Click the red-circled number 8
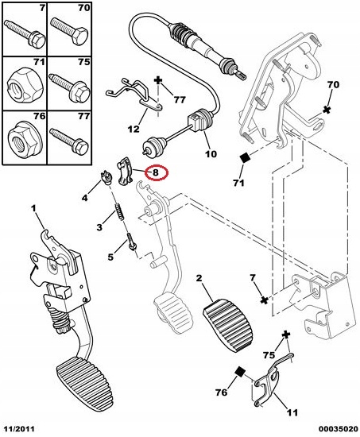tap(156, 172)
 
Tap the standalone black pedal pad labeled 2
tap(229, 324)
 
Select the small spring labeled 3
tap(119, 211)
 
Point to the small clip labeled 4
tap(106, 178)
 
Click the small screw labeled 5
tap(131, 242)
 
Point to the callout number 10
tap(211, 153)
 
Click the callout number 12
tap(134, 129)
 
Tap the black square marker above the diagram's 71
tap(246, 158)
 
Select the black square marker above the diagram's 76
tap(239, 372)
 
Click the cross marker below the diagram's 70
tap(327, 110)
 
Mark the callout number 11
tap(292, 412)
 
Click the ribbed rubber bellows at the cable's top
tap(178, 33)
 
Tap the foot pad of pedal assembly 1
tap(85, 381)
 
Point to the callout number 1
tap(33, 208)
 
